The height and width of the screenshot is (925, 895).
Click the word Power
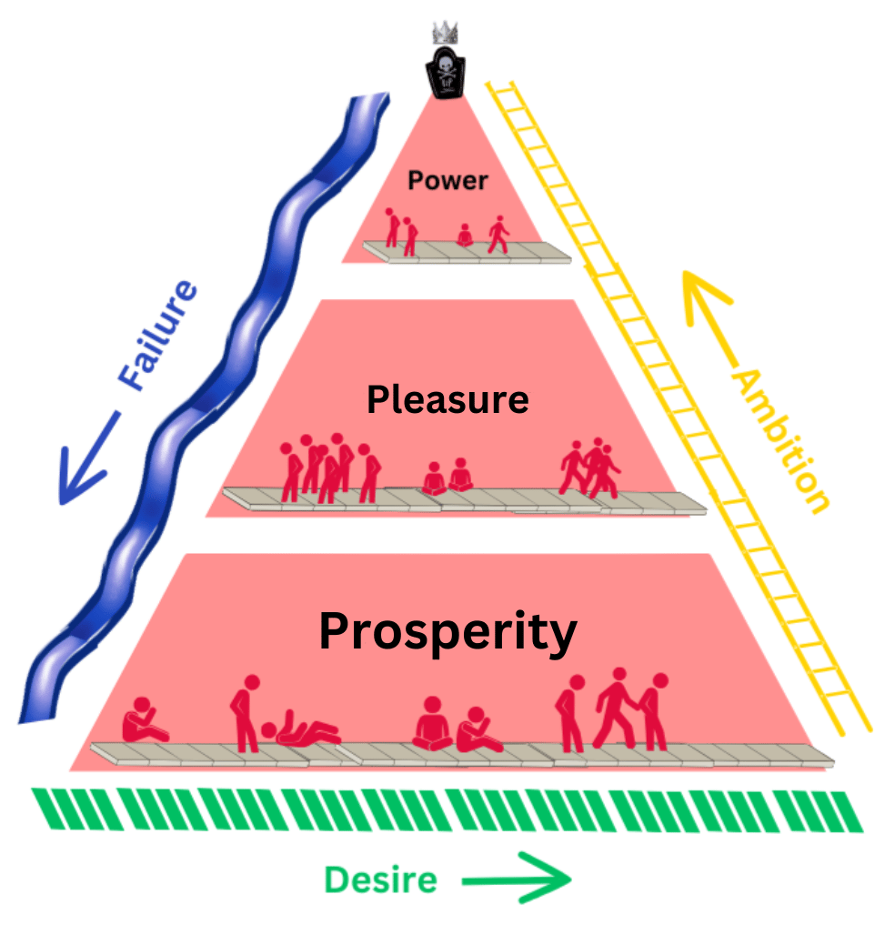447,180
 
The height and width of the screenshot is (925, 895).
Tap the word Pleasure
447,399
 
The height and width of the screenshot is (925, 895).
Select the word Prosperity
447,631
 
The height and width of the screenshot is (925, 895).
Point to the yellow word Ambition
780,440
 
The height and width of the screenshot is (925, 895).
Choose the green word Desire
380,880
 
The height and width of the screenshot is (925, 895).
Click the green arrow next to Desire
516,880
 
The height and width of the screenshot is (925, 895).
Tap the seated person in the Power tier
465,236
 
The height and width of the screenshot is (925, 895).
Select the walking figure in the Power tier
498,234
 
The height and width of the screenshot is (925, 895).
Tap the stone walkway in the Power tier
467,253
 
